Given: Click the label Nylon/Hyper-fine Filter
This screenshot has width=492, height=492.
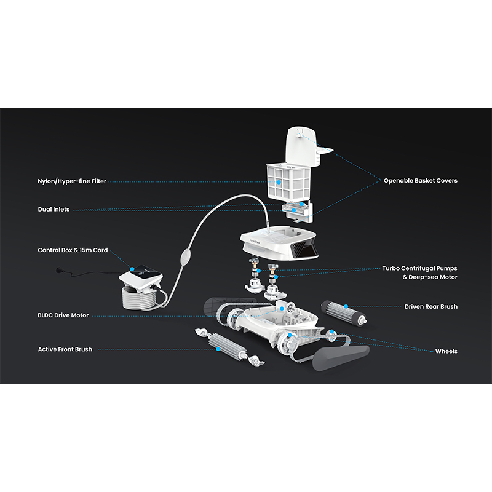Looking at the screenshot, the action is pyautogui.click(x=72, y=181).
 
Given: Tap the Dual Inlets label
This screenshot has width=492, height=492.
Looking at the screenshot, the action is pyautogui.click(x=54, y=209).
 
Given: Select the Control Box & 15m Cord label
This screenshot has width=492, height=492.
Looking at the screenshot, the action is pyautogui.click(x=73, y=250).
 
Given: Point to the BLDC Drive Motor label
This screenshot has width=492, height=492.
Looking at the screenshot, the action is pyautogui.click(x=63, y=315).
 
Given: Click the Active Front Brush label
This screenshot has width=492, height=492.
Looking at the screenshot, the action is pyautogui.click(x=65, y=349).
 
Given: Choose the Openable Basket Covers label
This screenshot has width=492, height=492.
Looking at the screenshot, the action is pyautogui.click(x=421, y=181).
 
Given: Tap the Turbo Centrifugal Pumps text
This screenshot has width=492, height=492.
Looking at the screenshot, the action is pyautogui.click(x=419, y=268).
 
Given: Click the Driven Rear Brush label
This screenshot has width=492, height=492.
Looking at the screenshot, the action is pyautogui.click(x=431, y=306).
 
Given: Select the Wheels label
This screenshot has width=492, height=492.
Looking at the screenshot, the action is pyautogui.click(x=446, y=351).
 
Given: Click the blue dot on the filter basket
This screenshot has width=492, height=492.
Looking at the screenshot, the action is pyautogui.click(x=279, y=182).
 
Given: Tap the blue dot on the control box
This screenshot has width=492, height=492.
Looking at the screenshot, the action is pyautogui.click(x=132, y=269).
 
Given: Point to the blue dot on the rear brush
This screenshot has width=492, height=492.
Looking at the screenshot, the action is pyautogui.click(x=346, y=306).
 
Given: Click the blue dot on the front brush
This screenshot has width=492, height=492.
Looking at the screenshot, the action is pyautogui.click(x=218, y=349).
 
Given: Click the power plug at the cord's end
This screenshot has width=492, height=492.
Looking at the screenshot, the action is pyautogui.click(x=58, y=270).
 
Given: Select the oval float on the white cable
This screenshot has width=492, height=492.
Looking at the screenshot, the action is pyautogui.click(x=185, y=256).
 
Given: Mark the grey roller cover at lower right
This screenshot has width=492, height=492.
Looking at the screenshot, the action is pyautogui.click(x=341, y=357).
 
